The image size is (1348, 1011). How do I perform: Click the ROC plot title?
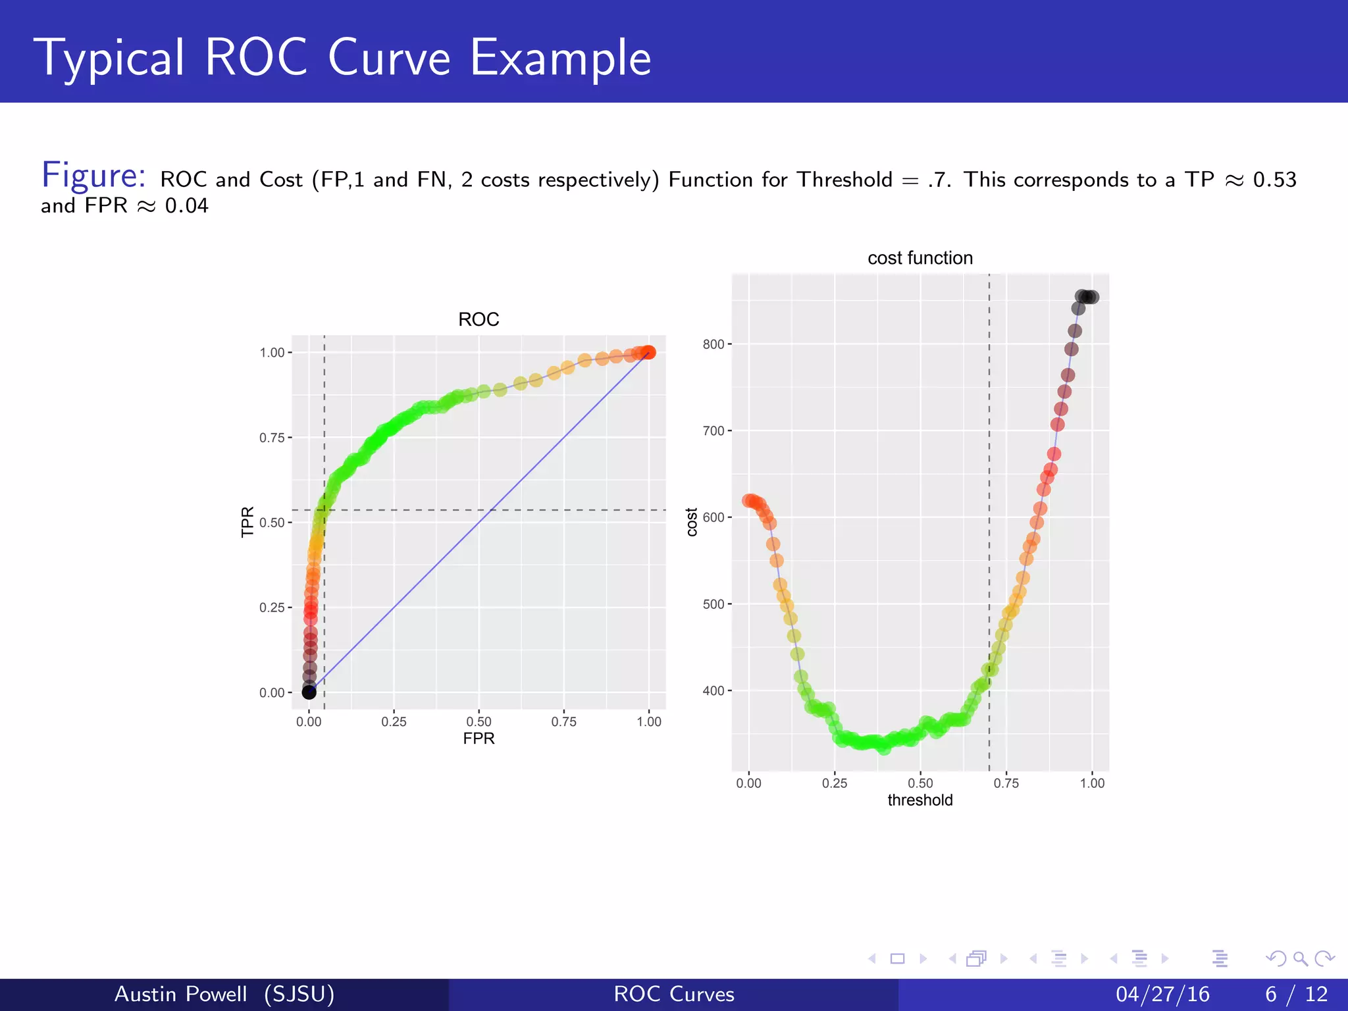pyautogui.click(x=479, y=320)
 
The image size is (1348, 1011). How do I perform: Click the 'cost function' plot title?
pyautogui.click(x=920, y=258)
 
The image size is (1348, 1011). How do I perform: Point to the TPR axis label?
pyautogui.click(x=247, y=522)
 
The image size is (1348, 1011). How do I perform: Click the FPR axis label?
pyautogui.click(x=479, y=739)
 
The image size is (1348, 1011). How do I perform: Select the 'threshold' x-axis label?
pyautogui.click(x=920, y=800)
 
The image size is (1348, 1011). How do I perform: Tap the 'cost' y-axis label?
pyautogui.click(x=692, y=522)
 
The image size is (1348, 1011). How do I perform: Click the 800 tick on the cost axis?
pyautogui.click(x=713, y=344)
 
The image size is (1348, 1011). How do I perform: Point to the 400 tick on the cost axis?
pyautogui.click(x=713, y=691)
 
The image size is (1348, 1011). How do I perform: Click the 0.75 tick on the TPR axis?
pyautogui.click(x=272, y=438)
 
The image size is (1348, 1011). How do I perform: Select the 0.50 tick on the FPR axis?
pyautogui.click(x=479, y=721)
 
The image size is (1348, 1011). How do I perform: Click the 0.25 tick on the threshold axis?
pyautogui.click(x=835, y=783)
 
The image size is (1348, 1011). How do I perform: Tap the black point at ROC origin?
pyautogui.click(x=309, y=692)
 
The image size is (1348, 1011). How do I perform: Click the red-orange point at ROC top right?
pyautogui.click(x=648, y=352)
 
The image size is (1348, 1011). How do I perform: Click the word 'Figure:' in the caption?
pyautogui.click(x=93, y=176)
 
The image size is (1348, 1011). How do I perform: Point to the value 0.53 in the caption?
pyautogui.click(x=1274, y=180)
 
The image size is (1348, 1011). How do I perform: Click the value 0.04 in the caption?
pyautogui.click(x=186, y=206)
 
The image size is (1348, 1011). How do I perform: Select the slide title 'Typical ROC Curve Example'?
pyautogui.click(x=346, y=58)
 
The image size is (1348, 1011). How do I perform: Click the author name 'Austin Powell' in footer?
pyautogui.click(x=181, y=994)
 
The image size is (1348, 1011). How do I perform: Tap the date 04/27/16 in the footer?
pyautogui.click(x=1162, y=994)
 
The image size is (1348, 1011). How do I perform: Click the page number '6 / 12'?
pyautogui.click(x=1296, y=994)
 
